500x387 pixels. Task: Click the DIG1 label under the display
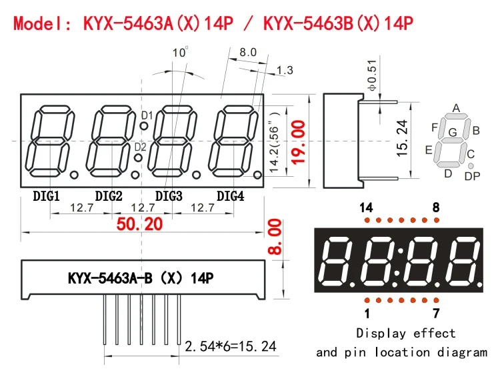point(46,196)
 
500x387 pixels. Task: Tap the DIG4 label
point(230,196)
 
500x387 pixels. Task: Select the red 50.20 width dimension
point(140,224)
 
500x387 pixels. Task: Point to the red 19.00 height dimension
point(298,142)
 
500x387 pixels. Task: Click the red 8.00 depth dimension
point(275,236)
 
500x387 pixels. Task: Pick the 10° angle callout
point(180,51)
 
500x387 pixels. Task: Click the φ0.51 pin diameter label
point(372,75)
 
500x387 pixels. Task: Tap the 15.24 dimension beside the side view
point(402,138)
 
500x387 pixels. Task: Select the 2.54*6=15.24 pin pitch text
point(230,346)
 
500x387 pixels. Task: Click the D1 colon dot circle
point(144,125)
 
